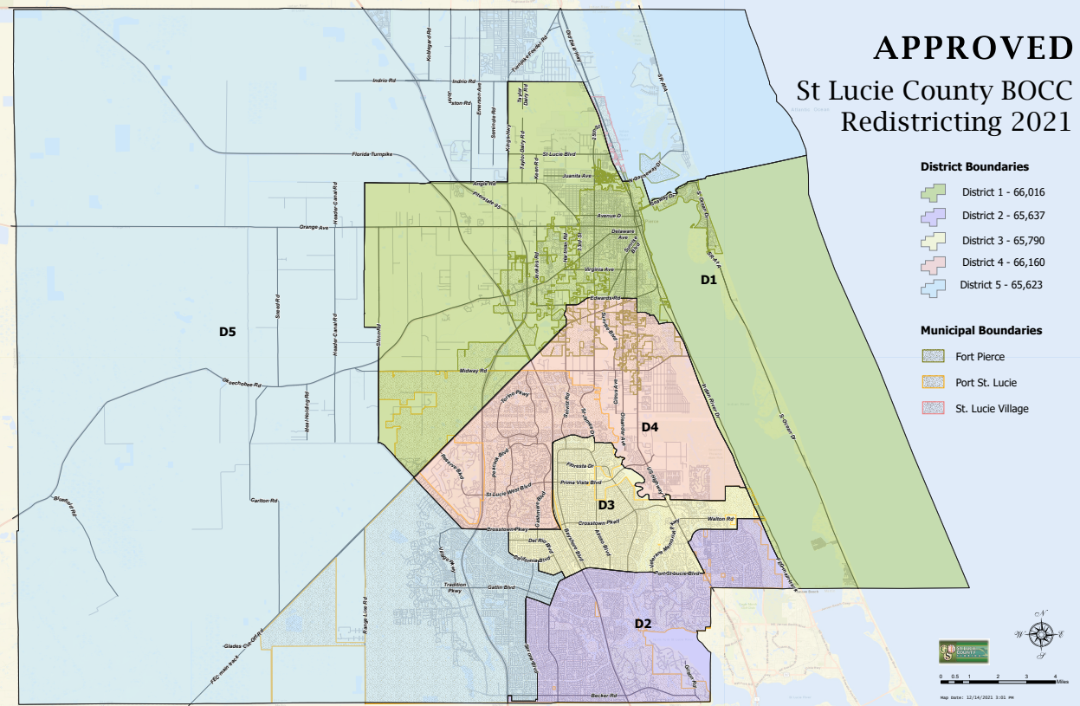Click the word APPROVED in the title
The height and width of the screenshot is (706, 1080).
coord(973,49)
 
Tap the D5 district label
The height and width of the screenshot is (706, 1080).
coord(228,331)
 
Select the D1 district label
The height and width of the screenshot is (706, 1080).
coord(708,280)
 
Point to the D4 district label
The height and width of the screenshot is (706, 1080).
coord(650,427)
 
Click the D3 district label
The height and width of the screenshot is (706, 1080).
coord(606,505)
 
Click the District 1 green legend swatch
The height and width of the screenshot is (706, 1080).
coord(936,192)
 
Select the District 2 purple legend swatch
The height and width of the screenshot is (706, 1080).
coord(936,216)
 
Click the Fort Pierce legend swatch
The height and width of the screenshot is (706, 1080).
coord(936,356)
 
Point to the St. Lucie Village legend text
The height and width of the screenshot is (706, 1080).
coord(992,408)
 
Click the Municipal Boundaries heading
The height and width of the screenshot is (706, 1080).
coord(981,330)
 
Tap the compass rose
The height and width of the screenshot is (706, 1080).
coord(1040,635)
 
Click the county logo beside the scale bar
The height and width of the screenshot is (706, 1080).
coord(963,652)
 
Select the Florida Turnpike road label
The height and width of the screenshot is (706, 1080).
coord(372,154)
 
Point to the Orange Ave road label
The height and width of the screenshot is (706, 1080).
coord(314,228)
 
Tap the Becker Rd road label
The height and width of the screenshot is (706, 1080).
coord(603,696)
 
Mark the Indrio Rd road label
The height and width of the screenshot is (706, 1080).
coord(384,81)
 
